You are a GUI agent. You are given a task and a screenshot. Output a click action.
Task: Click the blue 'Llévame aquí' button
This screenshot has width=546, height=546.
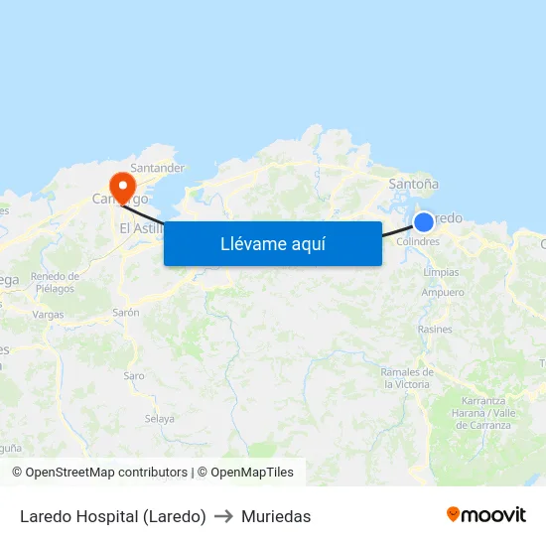[273, 243]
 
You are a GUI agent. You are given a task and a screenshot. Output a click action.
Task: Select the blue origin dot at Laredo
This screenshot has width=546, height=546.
[424, 222]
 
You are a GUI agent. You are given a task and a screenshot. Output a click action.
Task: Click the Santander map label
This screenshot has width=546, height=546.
[158, 169]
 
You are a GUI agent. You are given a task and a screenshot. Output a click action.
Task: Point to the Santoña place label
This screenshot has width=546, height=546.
[414, 184]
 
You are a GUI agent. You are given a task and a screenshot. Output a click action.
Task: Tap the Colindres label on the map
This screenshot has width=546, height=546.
[417, 241]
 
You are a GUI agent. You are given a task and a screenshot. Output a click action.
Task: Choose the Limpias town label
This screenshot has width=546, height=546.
[441, 272]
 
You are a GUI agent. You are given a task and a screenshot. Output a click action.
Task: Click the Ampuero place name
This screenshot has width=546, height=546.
[443, 293]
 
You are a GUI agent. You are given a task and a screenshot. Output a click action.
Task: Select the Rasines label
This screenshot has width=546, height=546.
[435, 329]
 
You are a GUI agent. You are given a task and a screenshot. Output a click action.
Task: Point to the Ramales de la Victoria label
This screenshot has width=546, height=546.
[406, 377]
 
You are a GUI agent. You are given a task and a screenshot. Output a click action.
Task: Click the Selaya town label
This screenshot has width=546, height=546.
[159, 418]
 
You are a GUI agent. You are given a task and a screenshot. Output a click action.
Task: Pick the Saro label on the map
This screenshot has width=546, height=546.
[134, 375]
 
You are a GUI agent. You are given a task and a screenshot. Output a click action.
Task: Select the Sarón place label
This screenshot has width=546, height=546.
[126, 312]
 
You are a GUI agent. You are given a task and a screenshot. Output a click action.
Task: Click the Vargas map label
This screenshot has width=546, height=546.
[48, 314]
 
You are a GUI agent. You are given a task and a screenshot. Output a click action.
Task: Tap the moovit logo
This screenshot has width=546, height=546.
[486, 515]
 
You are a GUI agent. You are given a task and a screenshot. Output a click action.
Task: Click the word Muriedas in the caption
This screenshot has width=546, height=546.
[276, 516]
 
